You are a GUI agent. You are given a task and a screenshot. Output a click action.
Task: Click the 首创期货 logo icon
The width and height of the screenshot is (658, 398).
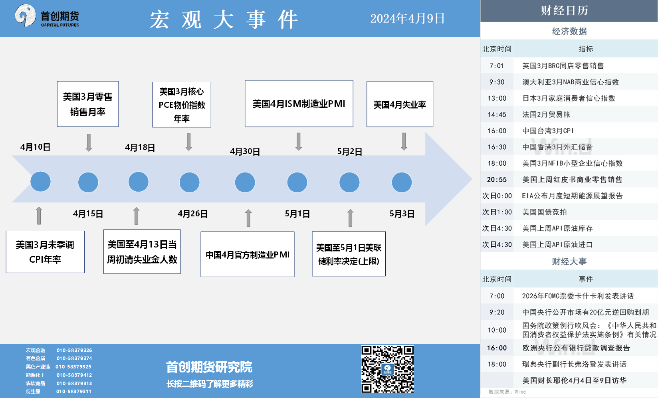tap(25, 15)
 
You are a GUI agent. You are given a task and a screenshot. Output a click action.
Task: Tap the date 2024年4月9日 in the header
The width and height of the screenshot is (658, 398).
tap(407, 18)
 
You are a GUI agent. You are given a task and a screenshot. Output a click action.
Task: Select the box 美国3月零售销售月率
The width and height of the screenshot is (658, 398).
tap(88, 104)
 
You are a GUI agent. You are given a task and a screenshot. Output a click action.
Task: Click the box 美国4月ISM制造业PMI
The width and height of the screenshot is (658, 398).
tap(299, 104)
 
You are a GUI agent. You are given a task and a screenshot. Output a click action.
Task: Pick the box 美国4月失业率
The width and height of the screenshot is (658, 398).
tap(400, 104)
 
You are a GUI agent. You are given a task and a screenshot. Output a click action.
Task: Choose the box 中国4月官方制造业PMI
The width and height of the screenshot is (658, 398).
tap(248, 254)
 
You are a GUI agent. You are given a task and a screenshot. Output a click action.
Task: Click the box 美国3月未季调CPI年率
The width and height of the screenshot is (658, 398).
tap(45, 252)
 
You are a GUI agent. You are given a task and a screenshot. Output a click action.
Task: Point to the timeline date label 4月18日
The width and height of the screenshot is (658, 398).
tap(140, 147)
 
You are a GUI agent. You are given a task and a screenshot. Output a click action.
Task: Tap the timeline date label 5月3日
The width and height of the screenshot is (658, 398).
tap(402, 214)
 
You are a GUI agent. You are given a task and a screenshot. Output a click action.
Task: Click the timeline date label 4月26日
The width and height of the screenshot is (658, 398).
tap(192, 214)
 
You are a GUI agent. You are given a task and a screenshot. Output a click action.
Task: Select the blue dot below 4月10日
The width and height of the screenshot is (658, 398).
tap(41, 182)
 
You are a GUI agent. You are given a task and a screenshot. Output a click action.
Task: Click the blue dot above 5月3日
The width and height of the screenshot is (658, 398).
tap(402, 182)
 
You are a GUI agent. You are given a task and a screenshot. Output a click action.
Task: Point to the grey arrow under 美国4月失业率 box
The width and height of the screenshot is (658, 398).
tap(404, 142)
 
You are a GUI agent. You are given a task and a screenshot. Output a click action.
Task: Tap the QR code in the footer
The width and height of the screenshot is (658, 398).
tap(387, 369)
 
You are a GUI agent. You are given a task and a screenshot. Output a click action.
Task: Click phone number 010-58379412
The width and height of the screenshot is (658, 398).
tap(74, 375)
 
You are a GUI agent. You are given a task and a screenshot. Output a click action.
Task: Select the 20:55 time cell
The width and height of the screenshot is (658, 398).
tap(497, 180)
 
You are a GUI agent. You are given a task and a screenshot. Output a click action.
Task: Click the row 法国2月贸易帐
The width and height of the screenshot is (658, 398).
tap(569, 114)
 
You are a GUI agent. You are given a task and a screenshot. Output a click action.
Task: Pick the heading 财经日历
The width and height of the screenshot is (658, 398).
tap(565, 10)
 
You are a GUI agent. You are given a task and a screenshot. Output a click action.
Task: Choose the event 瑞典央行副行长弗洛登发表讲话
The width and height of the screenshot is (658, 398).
tap(574, 364)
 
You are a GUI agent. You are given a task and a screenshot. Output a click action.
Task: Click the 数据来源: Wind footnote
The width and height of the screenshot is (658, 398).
tap(507, 392)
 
